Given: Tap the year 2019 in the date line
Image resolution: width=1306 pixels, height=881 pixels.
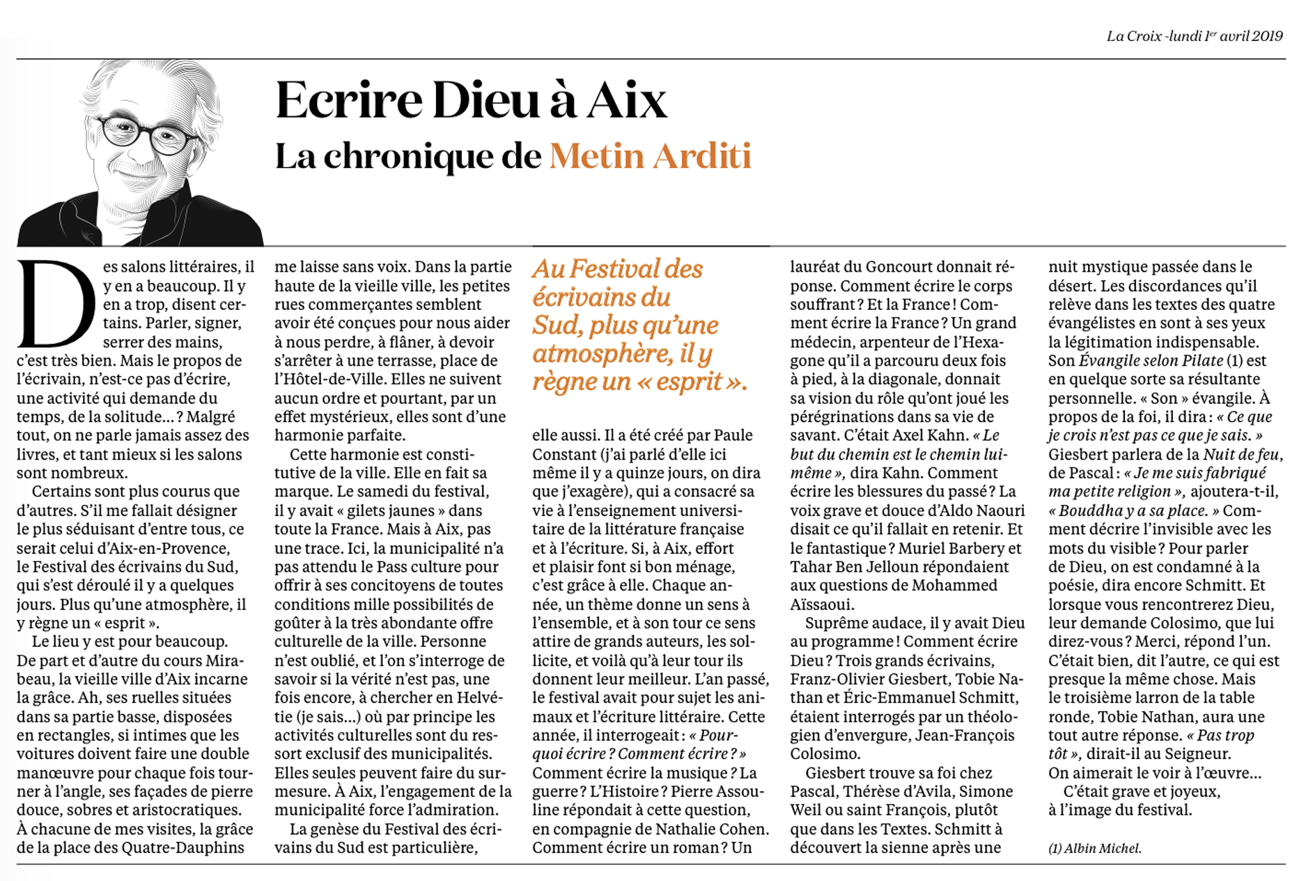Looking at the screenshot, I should pyautogui.click(x=1267, y=36).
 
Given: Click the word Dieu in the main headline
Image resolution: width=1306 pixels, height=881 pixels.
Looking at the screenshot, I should pyautogui.click(x=485, y=101).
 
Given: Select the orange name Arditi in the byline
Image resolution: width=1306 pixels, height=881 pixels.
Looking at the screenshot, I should pyautogui.click(x=701, y=156).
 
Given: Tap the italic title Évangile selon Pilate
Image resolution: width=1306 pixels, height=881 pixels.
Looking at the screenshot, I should pyautogui.click(x=1151, y=361).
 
